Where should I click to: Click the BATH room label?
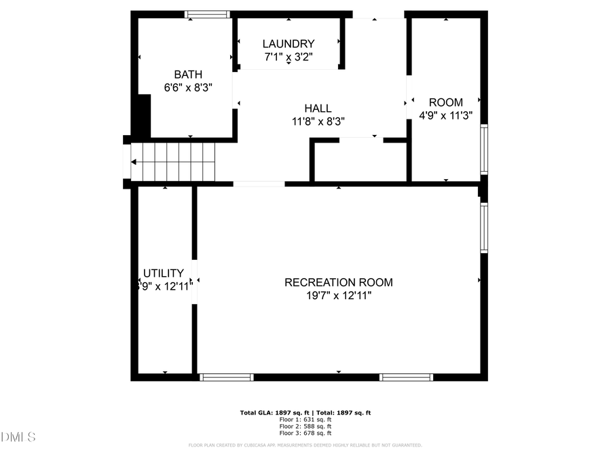[188, 75]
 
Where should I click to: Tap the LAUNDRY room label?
[289, 43]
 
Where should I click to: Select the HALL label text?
[318, 109]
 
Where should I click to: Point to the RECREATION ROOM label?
[338, 282]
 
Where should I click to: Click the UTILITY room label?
[163, 273]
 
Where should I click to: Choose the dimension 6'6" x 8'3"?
[188, 88]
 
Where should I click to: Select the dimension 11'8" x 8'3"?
[318, 121]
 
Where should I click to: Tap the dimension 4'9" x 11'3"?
[445, 115]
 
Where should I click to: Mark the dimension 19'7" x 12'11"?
[338, 295]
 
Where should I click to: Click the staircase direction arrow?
[134, 162]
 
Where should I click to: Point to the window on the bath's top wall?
[208, 14]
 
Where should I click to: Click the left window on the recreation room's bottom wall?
[227, 377]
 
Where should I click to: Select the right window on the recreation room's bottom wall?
[406, 377]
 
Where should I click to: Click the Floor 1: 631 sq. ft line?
[305, 419]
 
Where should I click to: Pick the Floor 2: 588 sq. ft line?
[305, 426]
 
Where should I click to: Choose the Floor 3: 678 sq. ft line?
[305, 433]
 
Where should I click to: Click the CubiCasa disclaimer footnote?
[305, 445]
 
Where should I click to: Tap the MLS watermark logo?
[19, 436]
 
